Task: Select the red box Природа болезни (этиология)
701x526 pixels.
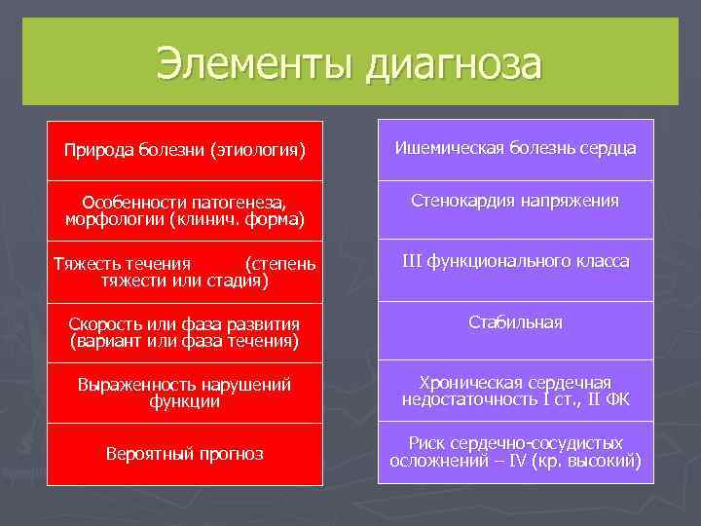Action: (x=185, y=151)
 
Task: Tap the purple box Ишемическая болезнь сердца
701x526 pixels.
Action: (x=515, y=148)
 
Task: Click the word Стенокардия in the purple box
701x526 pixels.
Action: (x=463, y=201)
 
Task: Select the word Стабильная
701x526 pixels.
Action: (x=515, y=322)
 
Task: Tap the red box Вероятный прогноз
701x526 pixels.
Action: (x=185, y=454)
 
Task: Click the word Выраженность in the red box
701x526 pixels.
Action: (x=135, y=385)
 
